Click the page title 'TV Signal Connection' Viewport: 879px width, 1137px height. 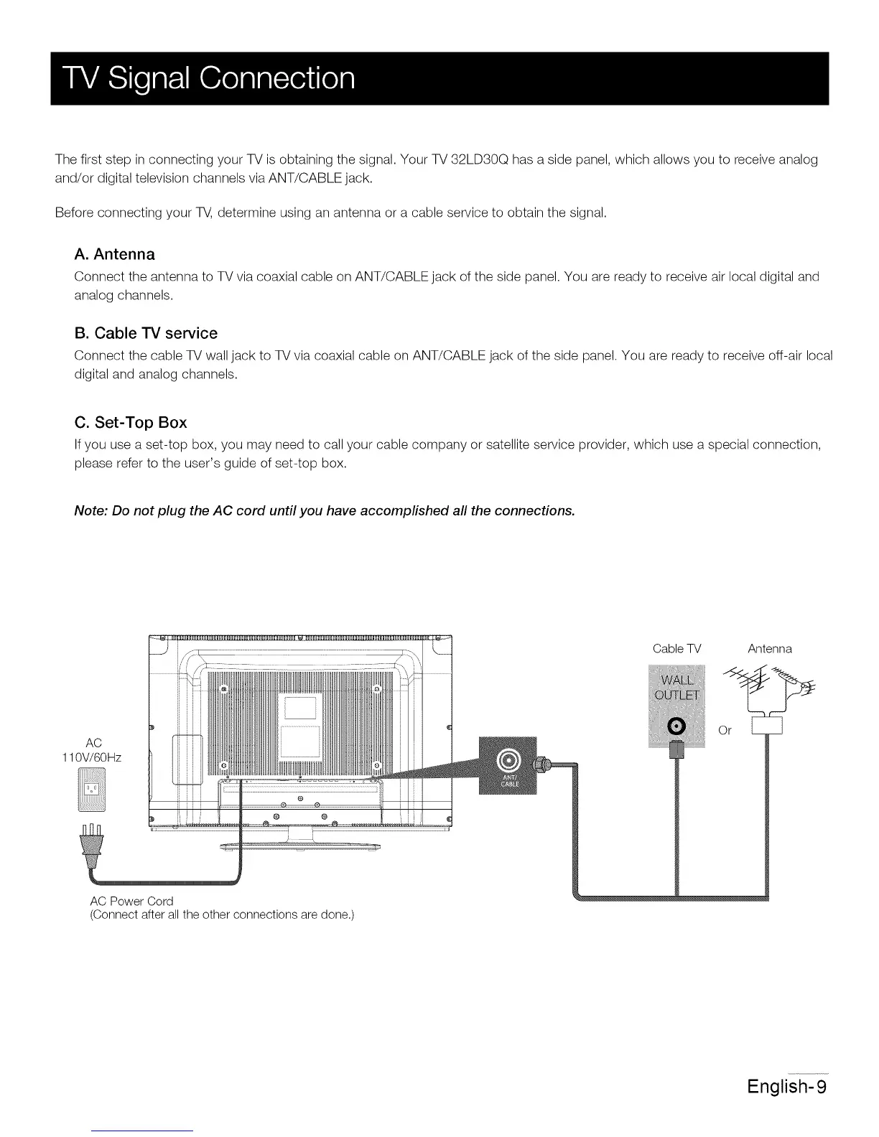205,78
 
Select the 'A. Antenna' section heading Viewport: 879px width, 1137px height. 114,254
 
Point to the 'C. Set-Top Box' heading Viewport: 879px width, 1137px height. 130,422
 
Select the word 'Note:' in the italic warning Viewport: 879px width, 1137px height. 92,510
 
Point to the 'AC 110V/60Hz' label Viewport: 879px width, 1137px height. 93,749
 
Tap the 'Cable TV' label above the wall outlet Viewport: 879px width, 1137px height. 676,649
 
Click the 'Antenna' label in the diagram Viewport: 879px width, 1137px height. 769,649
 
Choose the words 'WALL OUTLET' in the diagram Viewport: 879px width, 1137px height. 677,688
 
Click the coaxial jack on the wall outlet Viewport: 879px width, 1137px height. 676,726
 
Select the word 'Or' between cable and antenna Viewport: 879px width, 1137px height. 725,731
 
